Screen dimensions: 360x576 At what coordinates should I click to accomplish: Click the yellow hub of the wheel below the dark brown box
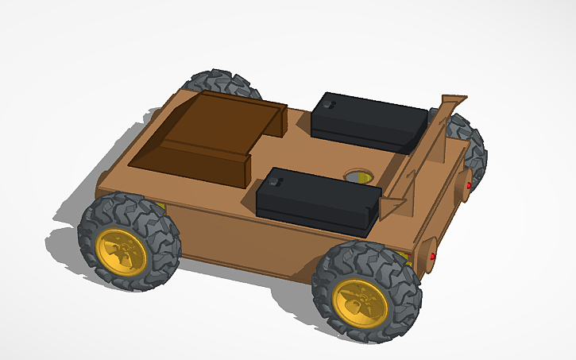tap(121, 251)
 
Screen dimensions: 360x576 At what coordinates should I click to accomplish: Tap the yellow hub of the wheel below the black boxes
tap(361, 301)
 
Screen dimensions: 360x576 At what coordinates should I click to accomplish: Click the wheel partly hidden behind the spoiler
tap(467, 139)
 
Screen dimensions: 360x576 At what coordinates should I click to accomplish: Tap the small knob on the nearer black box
tap(273, 182)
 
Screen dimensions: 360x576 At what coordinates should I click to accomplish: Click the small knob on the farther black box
tap(329, 103)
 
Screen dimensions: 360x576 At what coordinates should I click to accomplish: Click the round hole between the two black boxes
tap(358, 175)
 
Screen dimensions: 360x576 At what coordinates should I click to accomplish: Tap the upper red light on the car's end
tap(469, 185)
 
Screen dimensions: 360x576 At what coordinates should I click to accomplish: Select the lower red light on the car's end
tap(432, 257)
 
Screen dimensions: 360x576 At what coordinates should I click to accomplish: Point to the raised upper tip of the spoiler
tap(454, 99)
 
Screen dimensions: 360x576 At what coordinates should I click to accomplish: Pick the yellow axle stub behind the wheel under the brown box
tap(161, 207)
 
